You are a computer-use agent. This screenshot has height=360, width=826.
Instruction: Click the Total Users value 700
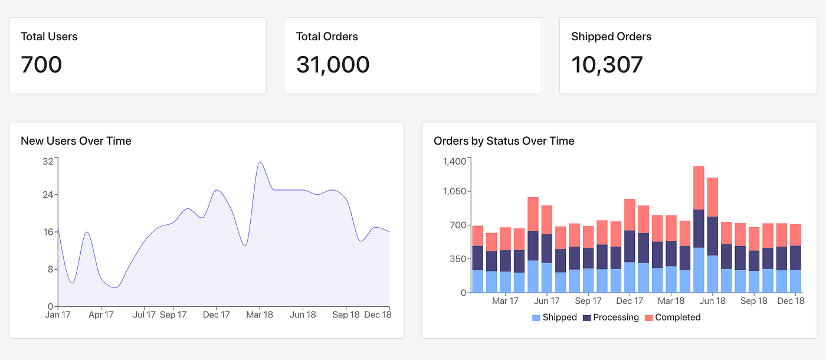[x=41, y=64]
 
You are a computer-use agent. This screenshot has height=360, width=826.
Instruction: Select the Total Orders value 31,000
[x=333, y=64]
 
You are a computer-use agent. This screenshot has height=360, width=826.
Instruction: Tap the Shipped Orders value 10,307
[x=607, y=64]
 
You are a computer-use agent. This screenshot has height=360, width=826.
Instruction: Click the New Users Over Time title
[x=76, y=141]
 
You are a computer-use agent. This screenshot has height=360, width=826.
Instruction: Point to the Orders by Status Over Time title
[x=504, y=141]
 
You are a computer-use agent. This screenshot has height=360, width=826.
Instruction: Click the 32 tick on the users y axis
[x=48, y=161]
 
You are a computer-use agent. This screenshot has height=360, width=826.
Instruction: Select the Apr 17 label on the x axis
[x=101, y=315]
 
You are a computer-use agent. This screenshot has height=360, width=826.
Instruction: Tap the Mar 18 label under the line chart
[x=260, y=315]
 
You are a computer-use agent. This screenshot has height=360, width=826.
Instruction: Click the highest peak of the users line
[x=259, y=162]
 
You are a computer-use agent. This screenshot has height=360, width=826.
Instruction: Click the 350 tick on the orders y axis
[x=458, y=259]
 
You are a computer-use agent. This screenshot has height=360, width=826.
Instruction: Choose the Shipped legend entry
[x=554, y=318]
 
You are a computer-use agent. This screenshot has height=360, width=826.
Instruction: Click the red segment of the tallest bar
[x=699, y=188]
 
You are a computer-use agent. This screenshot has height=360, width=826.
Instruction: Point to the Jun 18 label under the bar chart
[x=713, y=301]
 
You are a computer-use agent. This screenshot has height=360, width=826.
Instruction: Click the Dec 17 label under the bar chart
[x=630, y=301]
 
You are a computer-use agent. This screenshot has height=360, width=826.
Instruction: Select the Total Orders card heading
[x=327, y=37]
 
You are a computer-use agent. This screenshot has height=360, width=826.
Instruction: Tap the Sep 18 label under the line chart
[x=346, y=315]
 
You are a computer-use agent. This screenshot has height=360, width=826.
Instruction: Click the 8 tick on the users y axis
[x=51, y=269]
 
